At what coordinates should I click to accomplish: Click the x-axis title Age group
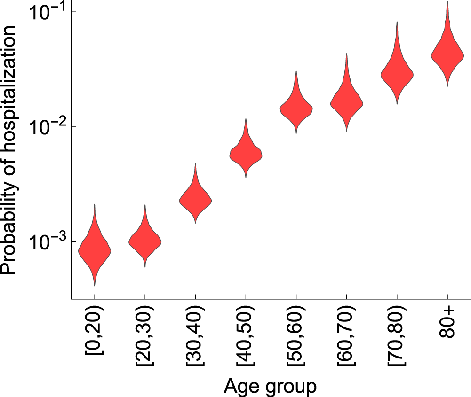tap(270, 386)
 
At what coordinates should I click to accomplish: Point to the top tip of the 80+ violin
tap(447, 2)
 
